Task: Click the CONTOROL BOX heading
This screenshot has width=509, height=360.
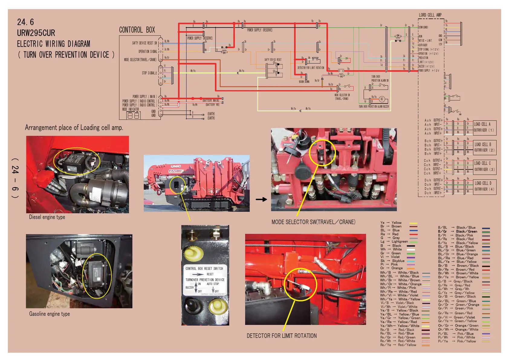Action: click(137, 30)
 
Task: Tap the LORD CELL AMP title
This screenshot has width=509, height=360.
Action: click(430, 15)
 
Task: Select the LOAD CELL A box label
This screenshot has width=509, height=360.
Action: click(482, 124)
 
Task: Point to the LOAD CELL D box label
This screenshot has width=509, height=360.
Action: click(483, 183)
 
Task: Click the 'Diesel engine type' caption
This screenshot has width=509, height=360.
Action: click(47, 217)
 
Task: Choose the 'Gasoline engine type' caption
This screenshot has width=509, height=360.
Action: click(49, 314)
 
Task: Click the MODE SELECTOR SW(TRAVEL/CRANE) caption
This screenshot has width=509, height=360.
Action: click(313, 222)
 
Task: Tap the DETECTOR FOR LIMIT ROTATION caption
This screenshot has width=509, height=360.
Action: click(281, 336)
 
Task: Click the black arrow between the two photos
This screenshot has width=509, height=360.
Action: click(261, 199)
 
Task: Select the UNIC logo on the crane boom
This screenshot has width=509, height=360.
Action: click(176, 166)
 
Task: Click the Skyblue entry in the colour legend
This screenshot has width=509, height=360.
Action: click(398, 261)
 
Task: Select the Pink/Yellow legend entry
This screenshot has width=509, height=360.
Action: click(466, 341)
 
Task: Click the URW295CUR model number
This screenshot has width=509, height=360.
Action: click(36, 33)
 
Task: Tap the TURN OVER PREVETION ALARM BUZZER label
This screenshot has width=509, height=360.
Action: click(374, 106)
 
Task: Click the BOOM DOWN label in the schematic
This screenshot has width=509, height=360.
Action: click(304, 82)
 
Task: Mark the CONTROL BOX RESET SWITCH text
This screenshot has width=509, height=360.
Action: click(204, 269)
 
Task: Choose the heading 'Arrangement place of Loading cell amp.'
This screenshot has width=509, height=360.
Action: click(74, 128)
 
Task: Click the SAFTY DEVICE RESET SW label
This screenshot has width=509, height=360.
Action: click(144, 43)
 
